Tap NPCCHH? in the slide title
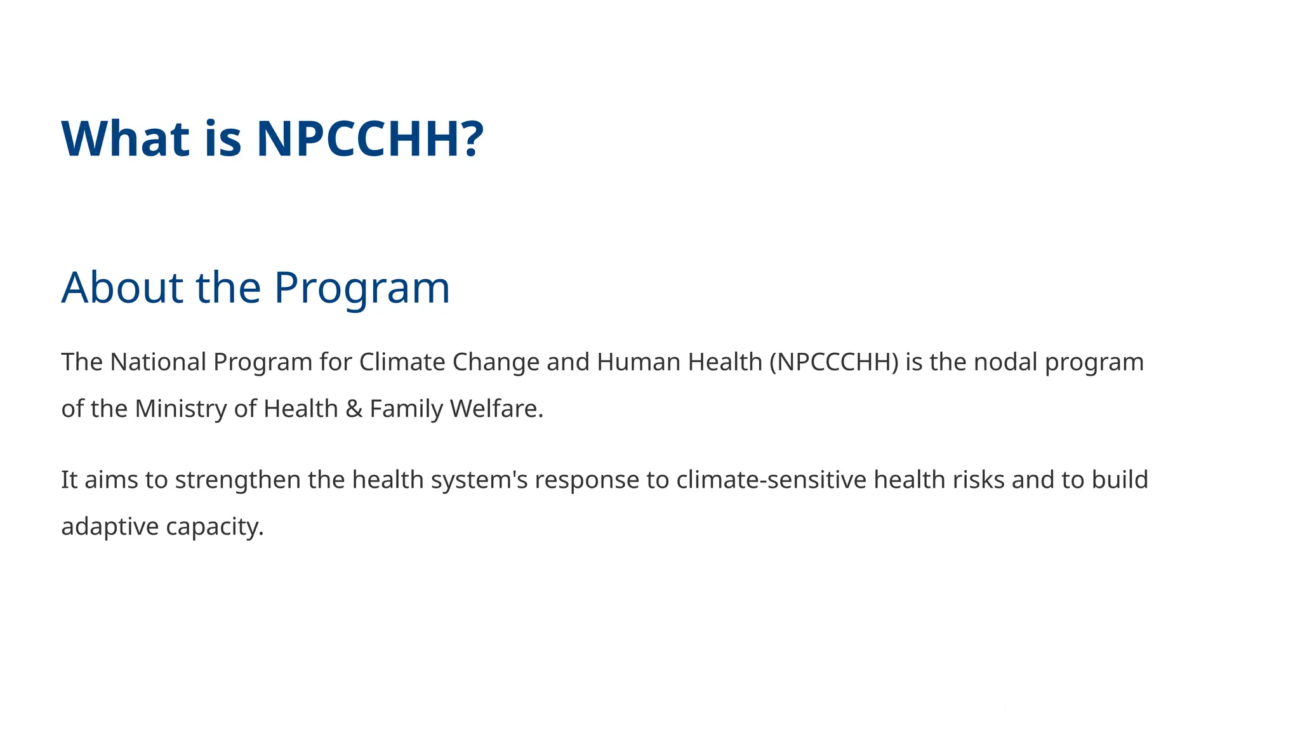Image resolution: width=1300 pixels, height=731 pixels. coord(370,138)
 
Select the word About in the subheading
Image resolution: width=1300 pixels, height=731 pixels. coord(122,287)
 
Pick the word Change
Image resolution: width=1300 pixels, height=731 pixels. coord(496,363)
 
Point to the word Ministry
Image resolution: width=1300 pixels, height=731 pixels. coord(181,409)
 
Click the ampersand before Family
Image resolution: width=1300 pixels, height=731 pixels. coord(354,409)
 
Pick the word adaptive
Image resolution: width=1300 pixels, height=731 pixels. coord(110,527)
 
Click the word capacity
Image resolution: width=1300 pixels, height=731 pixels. coord(215,527)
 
